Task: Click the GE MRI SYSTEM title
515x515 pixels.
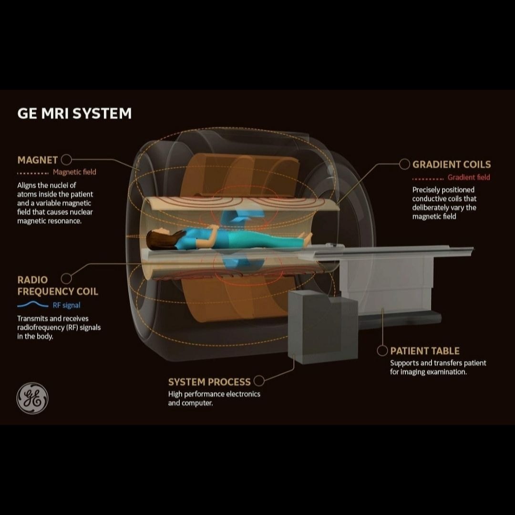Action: point(74,114)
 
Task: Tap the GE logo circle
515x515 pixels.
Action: point(32,398)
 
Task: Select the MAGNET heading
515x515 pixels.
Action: point(37,160)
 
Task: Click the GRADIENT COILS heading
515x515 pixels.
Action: point(451,165)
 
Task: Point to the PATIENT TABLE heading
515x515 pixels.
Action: point(425,351)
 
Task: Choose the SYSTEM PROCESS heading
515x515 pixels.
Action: point(209,382)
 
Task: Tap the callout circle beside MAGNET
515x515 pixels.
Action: point(67,160)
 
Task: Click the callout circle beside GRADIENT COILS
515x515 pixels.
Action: point(404,165)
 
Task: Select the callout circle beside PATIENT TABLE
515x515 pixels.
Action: point(382,351)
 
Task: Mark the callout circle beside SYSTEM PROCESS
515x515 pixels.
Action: point(259,381)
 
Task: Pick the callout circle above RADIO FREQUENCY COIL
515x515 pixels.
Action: point(67,278)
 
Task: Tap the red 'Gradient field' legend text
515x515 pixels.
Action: point(469,177)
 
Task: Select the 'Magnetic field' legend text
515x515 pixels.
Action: point(74,172)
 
